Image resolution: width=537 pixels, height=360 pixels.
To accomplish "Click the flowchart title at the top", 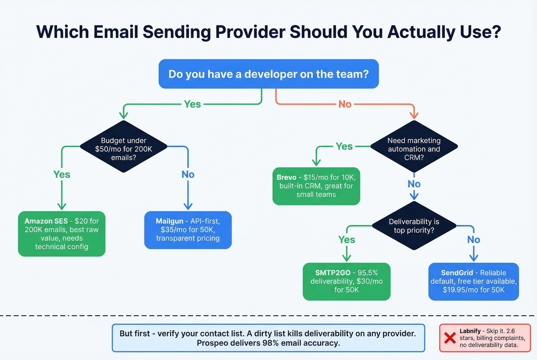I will pos(268,32).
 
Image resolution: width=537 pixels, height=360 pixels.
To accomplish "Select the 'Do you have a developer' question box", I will pos(268,74).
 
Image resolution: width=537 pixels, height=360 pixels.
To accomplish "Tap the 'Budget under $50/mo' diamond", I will pos(124,149).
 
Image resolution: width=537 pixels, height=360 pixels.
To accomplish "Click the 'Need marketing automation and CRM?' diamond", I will pos(414,149).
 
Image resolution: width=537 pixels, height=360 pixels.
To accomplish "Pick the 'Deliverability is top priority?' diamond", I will pos(414,226).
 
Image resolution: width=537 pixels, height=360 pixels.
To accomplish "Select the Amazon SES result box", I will pos(62,233).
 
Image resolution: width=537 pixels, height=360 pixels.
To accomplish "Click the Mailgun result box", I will pos(188,230).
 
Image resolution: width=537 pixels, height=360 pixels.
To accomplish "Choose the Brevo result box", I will pos(316,186).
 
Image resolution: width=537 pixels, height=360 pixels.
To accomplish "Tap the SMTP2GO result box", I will pos(346,281).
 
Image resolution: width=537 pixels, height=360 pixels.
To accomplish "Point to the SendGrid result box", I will pos(473,281).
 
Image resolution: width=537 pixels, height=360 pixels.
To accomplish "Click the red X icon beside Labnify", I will pos(450,338).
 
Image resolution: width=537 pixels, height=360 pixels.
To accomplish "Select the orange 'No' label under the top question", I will pos(344,104).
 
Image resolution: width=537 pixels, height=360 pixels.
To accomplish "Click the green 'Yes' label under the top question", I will pos(192,104).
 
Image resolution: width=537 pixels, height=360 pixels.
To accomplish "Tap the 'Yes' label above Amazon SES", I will pos(62,174).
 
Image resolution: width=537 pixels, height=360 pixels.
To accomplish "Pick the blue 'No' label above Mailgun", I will pos(188,174).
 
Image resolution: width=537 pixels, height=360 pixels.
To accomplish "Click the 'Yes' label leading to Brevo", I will pos(344,146).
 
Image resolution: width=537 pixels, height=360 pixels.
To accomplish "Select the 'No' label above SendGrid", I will pos(473,240).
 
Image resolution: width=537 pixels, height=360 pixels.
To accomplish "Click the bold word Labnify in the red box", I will pos(470,331).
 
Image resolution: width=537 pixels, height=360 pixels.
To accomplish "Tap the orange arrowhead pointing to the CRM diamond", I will pos(413,115).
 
